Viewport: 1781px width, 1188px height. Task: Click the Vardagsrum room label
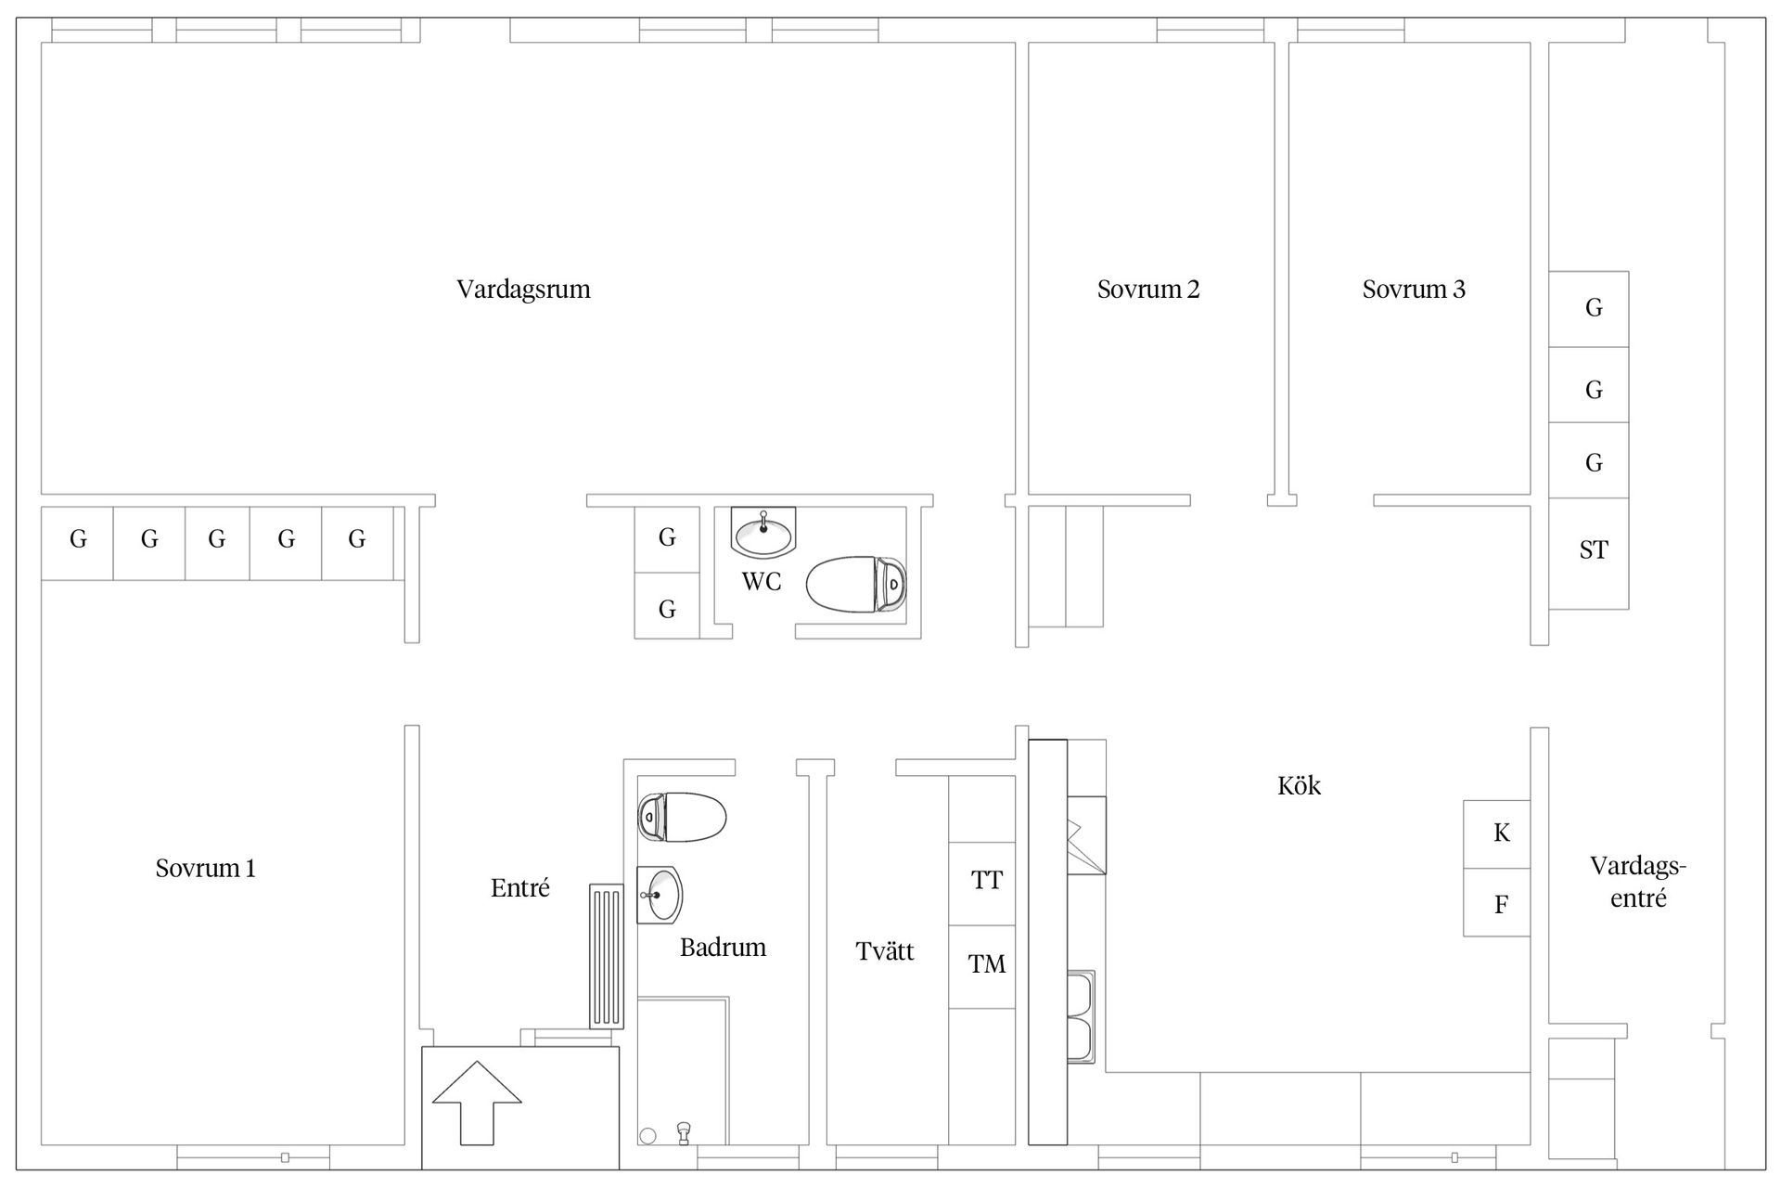click(523, 290)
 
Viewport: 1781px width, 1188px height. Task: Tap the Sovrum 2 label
click(1148, 290)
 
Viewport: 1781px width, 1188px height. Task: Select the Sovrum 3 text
click(1414, 290)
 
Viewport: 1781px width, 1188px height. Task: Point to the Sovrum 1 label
click(205, 869)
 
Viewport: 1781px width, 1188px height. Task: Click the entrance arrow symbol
click(477, 1103)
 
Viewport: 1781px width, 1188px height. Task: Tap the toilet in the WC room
click(856, 584)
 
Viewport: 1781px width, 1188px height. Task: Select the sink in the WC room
click(763, 532)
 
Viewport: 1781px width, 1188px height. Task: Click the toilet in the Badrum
click(682, 817)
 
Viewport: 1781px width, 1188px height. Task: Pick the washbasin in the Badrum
click(660, 895)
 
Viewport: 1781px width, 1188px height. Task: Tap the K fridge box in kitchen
click(1496, 834)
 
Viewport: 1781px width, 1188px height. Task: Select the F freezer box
click(1496, 902)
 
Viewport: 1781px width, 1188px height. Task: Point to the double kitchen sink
click(1082, 1017)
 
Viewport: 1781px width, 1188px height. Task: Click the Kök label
click(1299, 786)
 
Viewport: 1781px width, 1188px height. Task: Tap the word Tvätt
click(885, 951)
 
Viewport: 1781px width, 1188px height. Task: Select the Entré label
click(520, 888)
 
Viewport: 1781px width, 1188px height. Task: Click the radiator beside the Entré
click(607, 956)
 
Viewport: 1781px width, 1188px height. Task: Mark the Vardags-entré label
click(1638, 883)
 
